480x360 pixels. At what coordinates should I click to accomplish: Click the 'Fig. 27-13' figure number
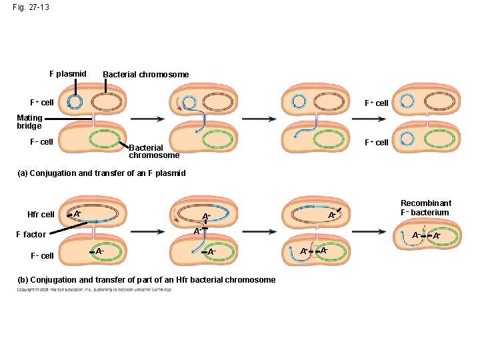pos(30,7)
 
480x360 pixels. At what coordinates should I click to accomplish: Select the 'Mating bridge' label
pos(29,122)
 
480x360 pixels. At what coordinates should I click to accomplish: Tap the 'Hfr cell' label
pos(41,215)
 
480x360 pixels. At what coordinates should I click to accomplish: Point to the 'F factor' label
pos(31,235)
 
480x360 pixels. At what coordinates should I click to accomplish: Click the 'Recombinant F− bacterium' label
pos(425,207)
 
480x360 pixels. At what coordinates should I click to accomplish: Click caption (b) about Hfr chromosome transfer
pos(146,280)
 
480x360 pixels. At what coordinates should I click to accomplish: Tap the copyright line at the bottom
pos(94,290)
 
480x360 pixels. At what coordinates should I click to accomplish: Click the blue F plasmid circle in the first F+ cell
pos(75,102)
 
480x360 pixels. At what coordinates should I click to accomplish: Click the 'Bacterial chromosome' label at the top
pos(145,75)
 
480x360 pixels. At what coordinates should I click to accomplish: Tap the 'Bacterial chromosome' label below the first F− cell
pos(154,151)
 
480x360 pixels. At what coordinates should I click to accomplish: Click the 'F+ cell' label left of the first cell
pos(41,103)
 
